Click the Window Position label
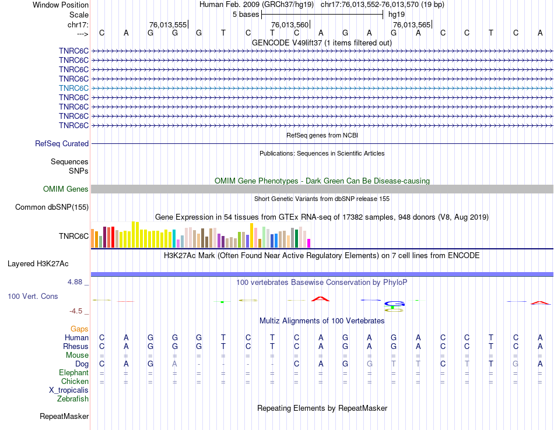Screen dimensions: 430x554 click(61, 5)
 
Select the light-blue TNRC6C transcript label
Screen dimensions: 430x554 click(73, 88)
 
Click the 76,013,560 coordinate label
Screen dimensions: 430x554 click(289, 24)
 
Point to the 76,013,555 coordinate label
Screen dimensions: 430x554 click(168, 24)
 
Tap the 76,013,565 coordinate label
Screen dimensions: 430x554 click(412, 24)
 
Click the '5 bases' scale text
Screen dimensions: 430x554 click(246, 14)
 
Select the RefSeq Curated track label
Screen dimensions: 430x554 click(62, 143)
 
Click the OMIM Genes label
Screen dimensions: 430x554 click(66, 189)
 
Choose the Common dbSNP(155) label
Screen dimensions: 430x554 click(52, 207)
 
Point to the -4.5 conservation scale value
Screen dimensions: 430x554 click(78, 311)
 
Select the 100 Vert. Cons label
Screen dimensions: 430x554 click(33, 297)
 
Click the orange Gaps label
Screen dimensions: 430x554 click(79, 329)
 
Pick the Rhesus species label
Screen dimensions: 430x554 click(76, 346)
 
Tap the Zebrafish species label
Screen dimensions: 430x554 click(73, 399)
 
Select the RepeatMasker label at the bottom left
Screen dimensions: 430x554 click(64, 417)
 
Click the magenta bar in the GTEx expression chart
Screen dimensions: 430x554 click(309, 242)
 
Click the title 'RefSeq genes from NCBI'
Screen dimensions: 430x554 click(322, 135)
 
